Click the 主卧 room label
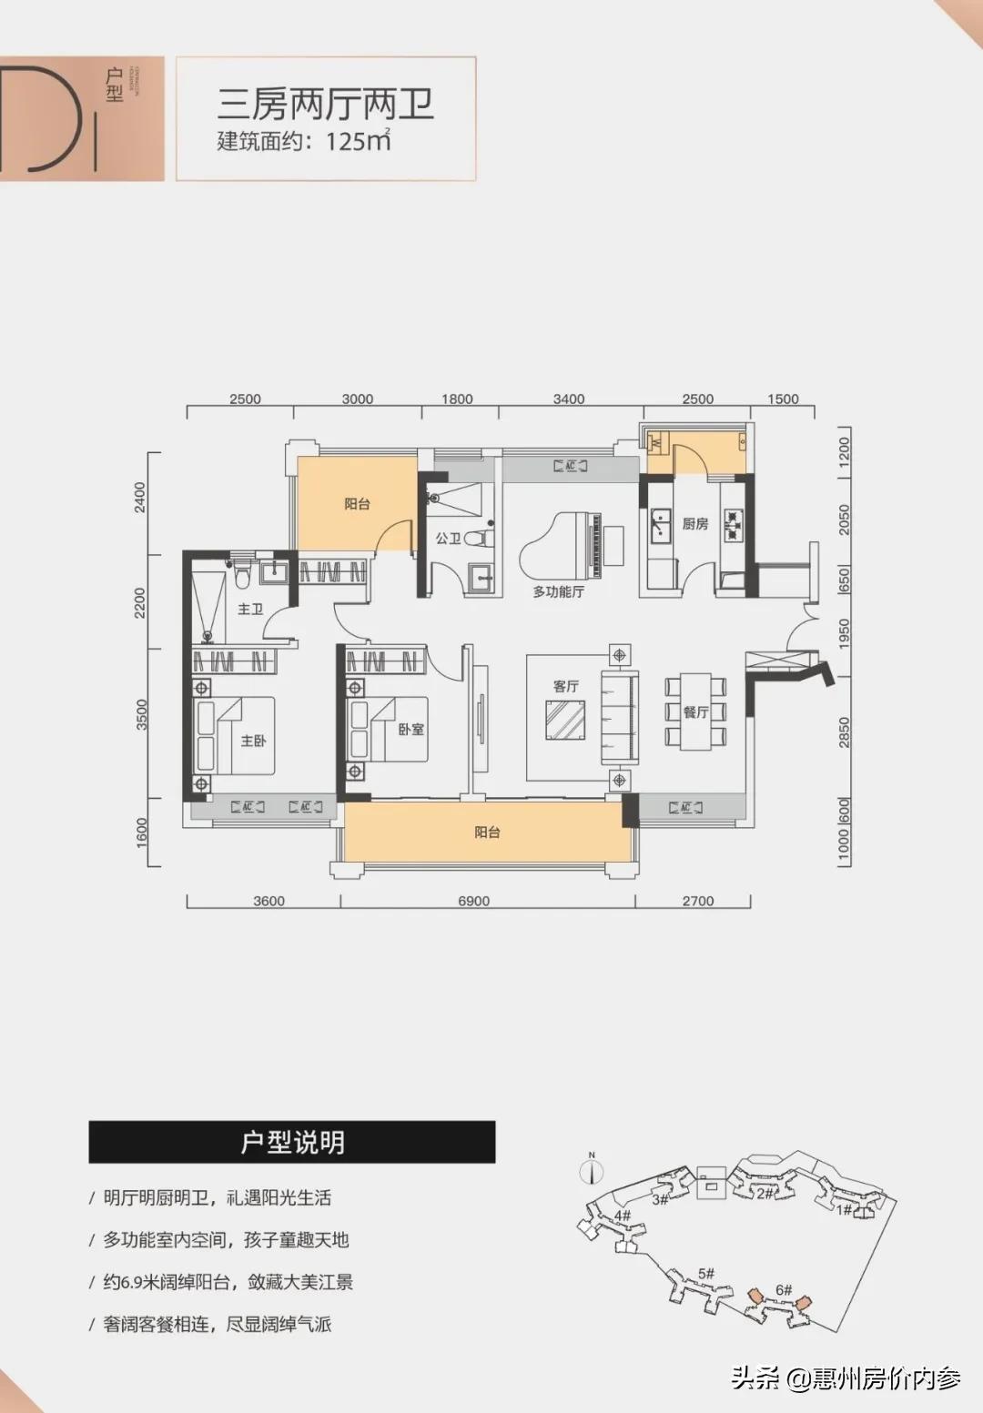pos(253,741)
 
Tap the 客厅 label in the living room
pos(565,686)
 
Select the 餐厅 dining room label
pos(695,712)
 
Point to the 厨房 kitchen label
pos(694,523)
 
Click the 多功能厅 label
pos(558,591)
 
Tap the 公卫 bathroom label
pos(448,539)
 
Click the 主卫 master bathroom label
pos(249,609)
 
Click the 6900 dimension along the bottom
pos(473,901)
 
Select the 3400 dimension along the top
pos(569,399)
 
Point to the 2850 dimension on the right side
pos(844,732)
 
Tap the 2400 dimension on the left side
pos(140,497)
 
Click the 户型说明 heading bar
pos(292,1142)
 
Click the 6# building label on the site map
pos(784,1289)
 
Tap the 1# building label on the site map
pos(845,1208)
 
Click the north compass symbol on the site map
pos(592,1169)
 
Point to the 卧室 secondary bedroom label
pos(410,729)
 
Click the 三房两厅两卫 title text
pos(325,106)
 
